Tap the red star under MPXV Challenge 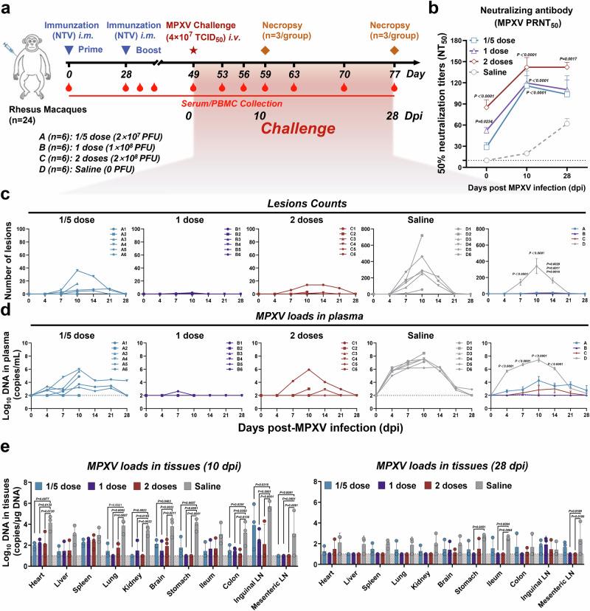click(x=193, y=50)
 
